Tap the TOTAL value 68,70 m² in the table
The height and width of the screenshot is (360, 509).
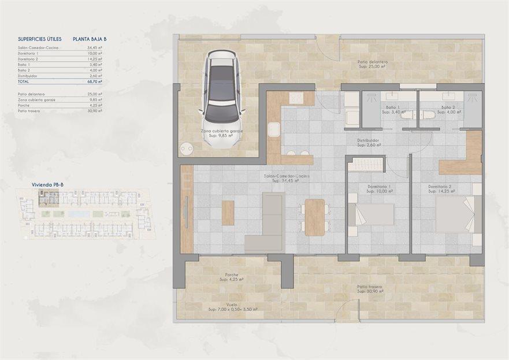(94, 82)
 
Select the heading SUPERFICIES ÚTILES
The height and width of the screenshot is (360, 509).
(39, 39)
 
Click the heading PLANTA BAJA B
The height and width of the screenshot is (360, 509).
(90, 39)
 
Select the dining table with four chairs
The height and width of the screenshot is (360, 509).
(315, 217)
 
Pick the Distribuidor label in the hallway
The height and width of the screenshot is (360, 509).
(367, 140)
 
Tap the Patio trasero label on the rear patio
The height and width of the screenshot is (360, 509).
(370, 287)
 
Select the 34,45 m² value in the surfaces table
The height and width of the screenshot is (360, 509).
(94, 48)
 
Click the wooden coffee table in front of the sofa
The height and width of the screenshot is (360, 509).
(228, 213)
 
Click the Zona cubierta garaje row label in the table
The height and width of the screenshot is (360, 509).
(36, 99)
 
